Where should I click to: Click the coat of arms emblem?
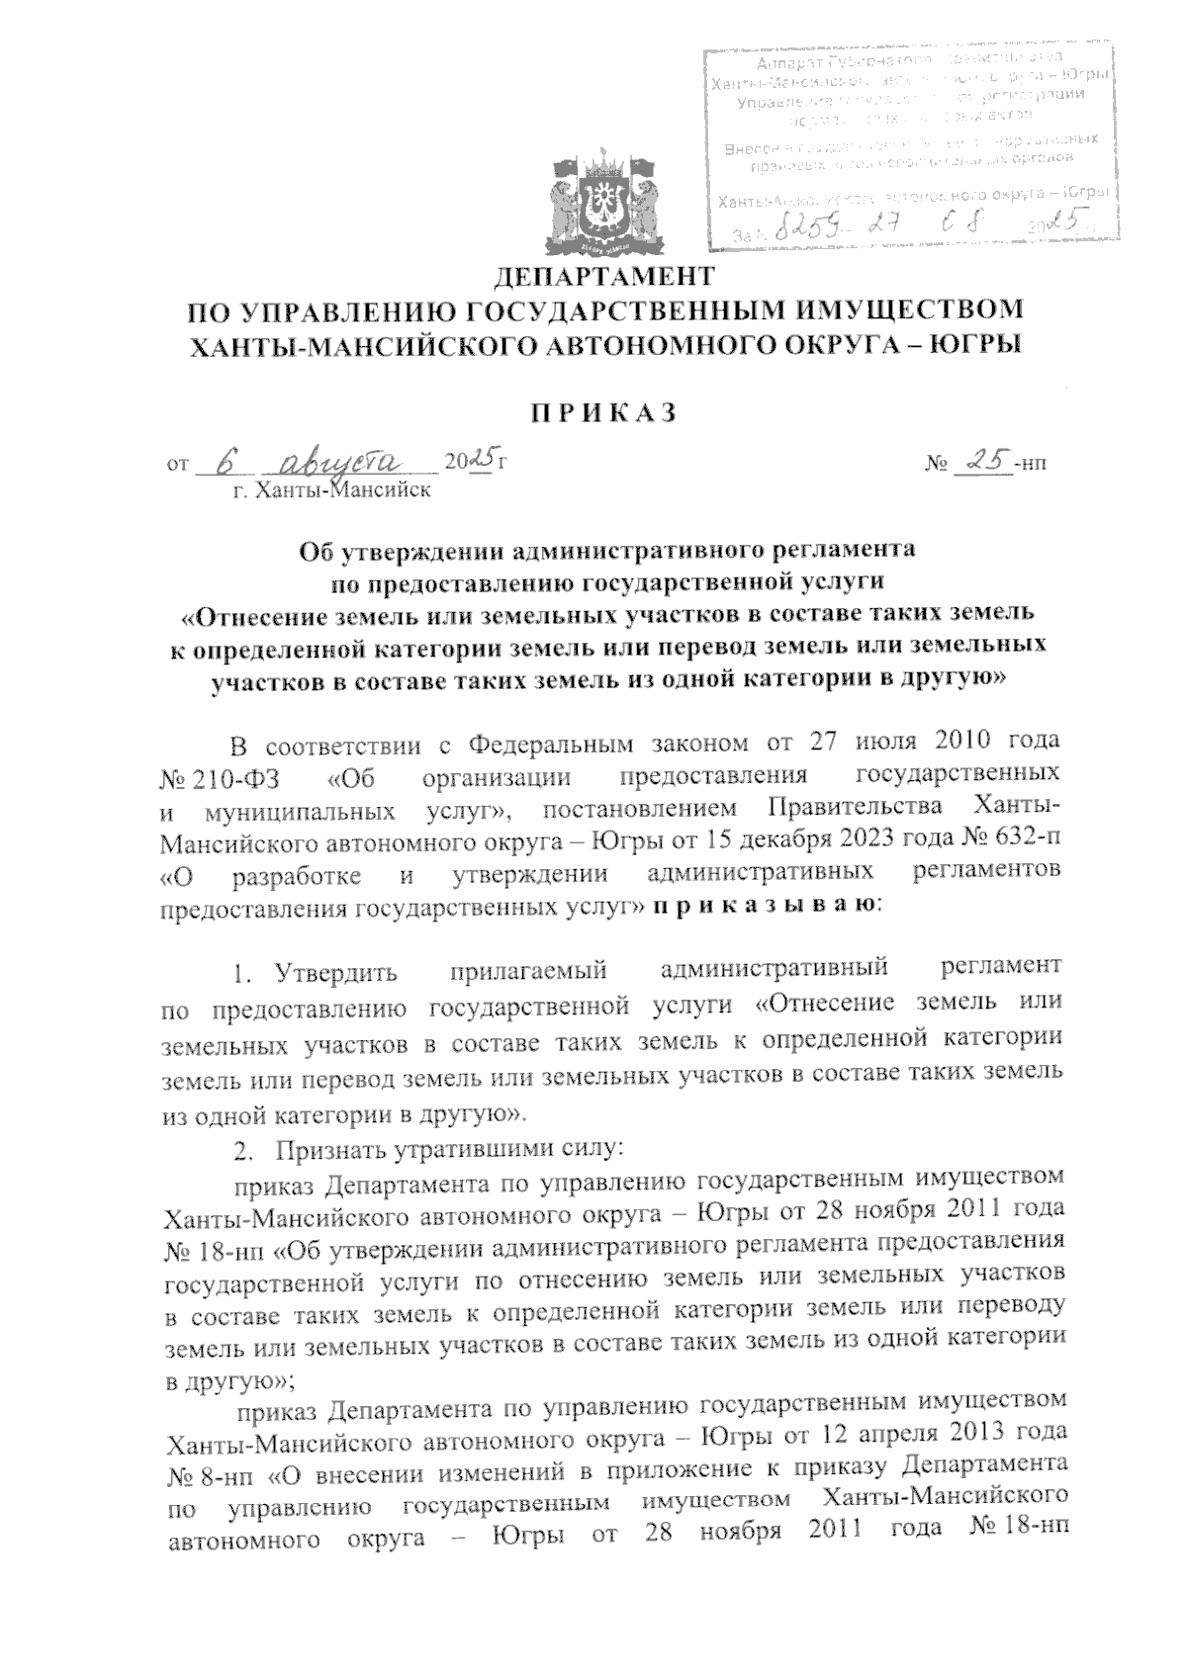tap(602, 199)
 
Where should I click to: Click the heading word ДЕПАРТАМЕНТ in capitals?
tap(601, 274)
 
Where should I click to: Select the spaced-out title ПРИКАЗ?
tap(602, 412)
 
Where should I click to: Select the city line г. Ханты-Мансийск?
tap(331, 489)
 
